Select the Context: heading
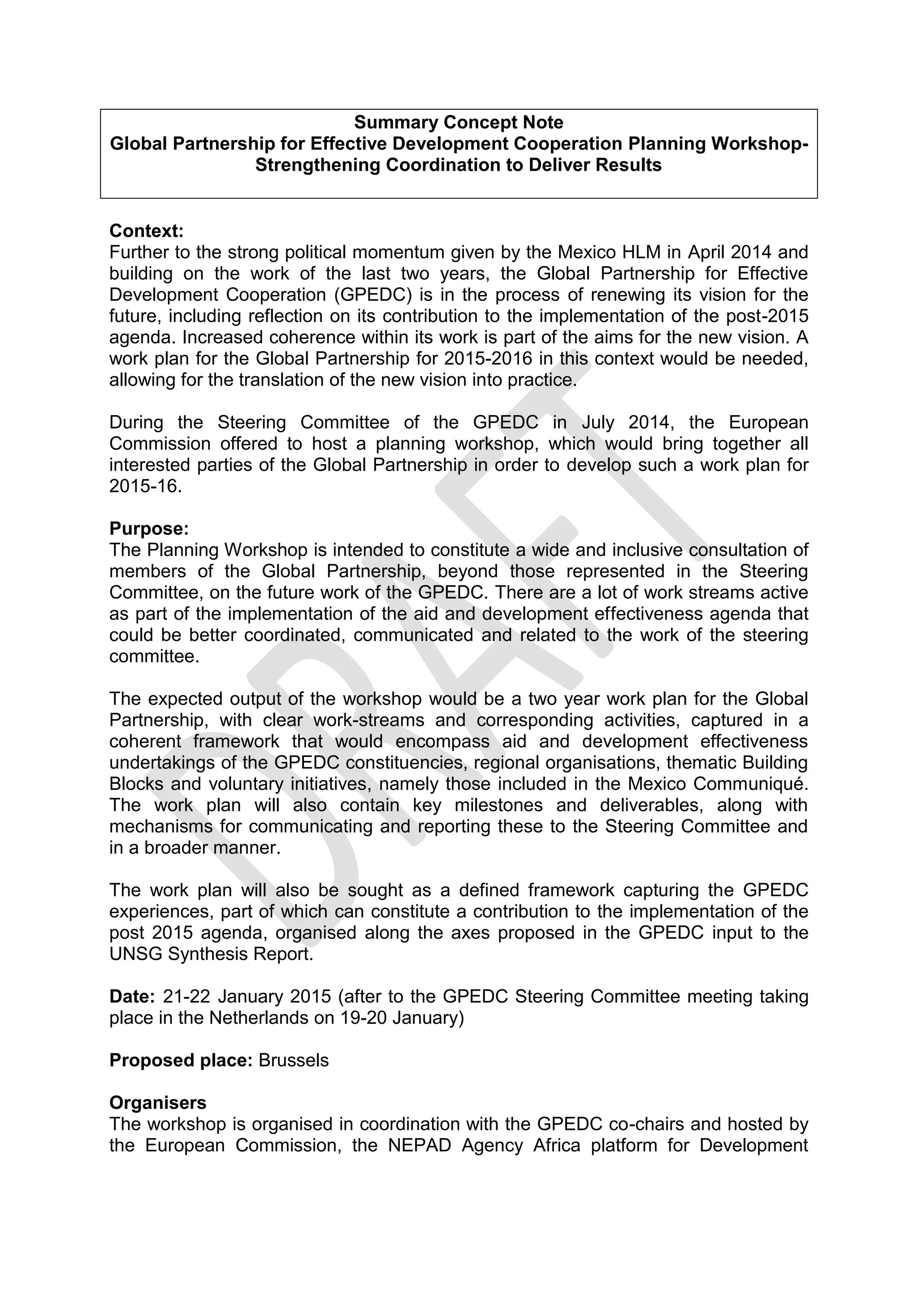[147, 231]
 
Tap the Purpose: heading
[149, 529]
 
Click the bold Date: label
[132, 996]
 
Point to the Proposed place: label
[180, 1061]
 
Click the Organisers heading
[158, 1103]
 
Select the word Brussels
[294, 1061]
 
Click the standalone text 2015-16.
[146, 486]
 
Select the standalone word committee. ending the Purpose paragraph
[154, 657]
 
